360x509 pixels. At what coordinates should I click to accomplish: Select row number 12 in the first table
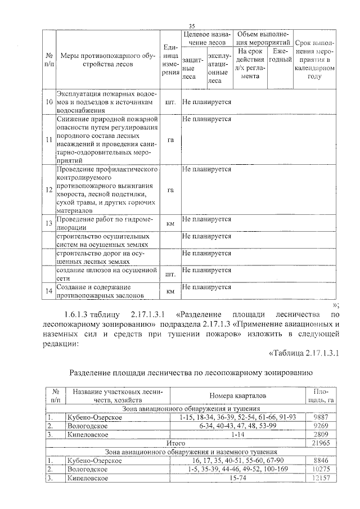tap(49, 190)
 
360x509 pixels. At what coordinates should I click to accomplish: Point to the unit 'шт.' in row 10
tap(169, 103)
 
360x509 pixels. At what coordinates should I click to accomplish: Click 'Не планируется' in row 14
tap(207, 287)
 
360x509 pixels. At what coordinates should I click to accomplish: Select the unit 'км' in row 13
tap(169, 224)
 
